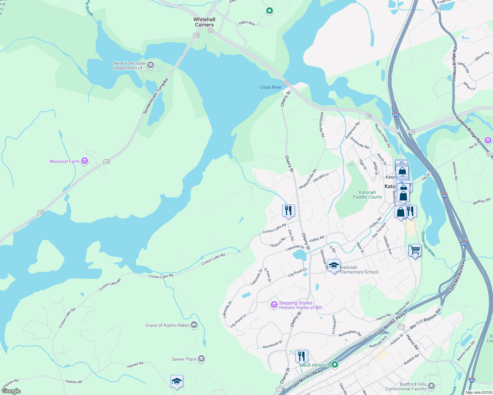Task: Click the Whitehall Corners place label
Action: tap(204, 22)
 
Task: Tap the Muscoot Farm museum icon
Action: tap(85, 161)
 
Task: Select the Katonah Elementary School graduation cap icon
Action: tap(334, 265)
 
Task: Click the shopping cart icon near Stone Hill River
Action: tap(415, 250)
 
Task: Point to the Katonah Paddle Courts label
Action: tap(367, 195)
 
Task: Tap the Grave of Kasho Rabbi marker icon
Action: tap(194, 325)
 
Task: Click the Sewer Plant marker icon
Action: tap(202, 359)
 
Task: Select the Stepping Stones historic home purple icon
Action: tap(274, 305)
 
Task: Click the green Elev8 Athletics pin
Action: tap(335, 364)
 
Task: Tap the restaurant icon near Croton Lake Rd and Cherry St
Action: tap(288, 210)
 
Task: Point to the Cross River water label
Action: tap(270, 87)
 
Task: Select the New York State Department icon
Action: tap(151, 65)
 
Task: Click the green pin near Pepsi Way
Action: tap(270, 11)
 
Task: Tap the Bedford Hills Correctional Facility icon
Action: tap(431, 386)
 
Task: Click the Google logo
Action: tap(11, 391)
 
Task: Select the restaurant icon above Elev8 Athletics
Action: tap(302, 356)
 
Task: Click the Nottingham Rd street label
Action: tap(350, 333)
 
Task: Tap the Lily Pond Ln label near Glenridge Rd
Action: tap(297, 272)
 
